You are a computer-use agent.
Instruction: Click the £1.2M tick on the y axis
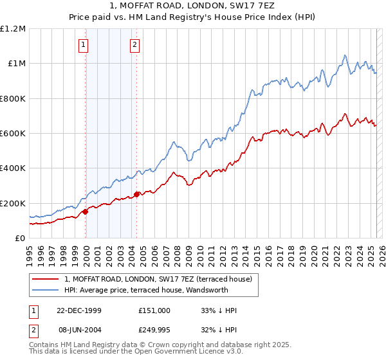(x=14, y=29)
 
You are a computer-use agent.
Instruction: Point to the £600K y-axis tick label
(x=13, y=134)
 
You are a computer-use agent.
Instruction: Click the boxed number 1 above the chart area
(x=85, y=45)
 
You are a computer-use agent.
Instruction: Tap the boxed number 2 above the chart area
(x=135, y=45)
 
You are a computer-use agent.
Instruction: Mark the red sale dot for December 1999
(x=86, y=212)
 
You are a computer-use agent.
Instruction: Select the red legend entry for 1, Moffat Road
(x=161, y=279)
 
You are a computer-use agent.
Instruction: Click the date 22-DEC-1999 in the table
(x=79, y=310)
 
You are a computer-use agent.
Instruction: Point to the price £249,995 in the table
(x=154, y=330)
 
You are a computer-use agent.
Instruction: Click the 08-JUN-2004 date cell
(x=79, y=330)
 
